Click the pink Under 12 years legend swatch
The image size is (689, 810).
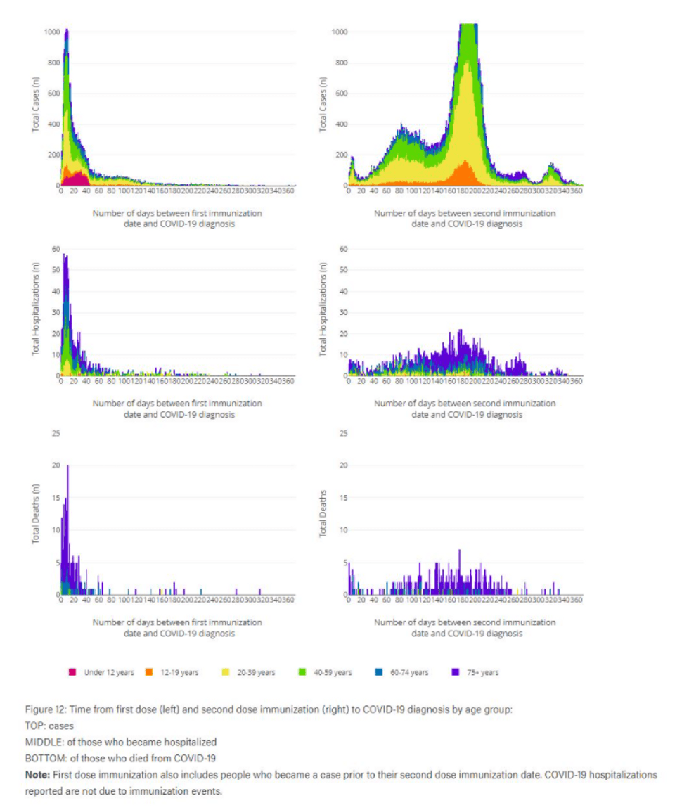pos(72,672)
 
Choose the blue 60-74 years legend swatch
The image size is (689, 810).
pos(379,672)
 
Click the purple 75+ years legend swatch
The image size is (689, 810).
pos(456,672)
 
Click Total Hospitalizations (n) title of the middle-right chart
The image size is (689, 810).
pos(323,309)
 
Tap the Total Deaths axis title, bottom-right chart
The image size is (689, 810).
pos(323,514)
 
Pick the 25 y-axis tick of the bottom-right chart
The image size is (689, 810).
pos(343,433)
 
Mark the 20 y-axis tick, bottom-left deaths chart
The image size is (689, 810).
pos(56,465)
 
